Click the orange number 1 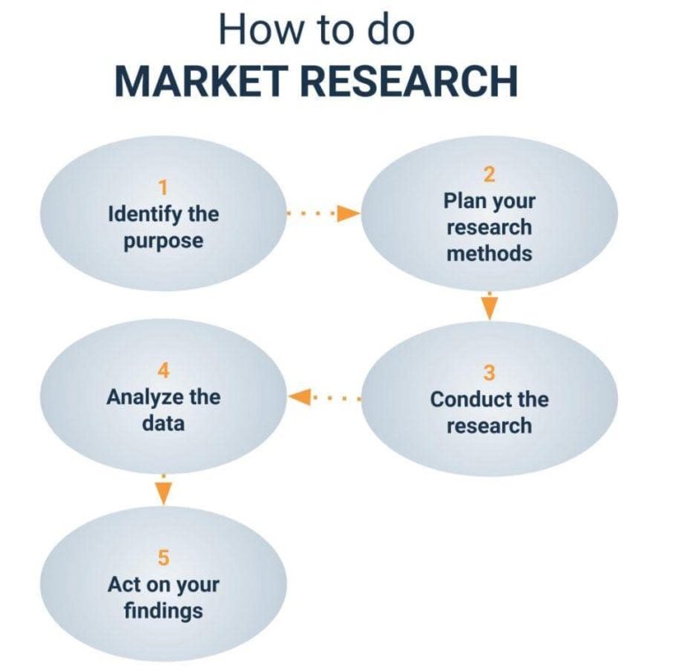163,187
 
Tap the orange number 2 489,173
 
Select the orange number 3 489,372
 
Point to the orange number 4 163,371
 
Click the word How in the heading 253,28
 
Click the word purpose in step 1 163,241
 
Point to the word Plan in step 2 464,200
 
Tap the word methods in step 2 489,254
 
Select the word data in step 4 163,424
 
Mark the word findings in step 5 163,610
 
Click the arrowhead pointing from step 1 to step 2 350,213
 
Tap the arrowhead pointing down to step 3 489,309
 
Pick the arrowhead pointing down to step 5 163,495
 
